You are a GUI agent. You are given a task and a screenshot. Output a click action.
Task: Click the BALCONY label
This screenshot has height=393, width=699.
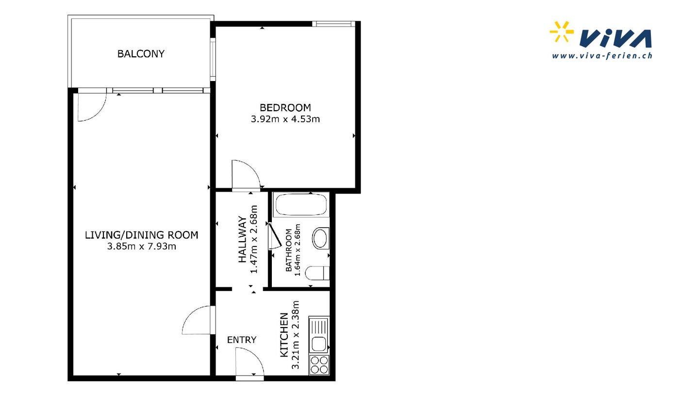click(x=141, y=54)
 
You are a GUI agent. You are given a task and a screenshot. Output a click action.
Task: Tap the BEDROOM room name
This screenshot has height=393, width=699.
click(x=285, y=108)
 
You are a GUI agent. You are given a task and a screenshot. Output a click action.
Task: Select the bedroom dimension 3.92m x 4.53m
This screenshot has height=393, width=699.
click(x=285, y=119)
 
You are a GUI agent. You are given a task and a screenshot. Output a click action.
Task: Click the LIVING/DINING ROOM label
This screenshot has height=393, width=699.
click(x=142, y=235)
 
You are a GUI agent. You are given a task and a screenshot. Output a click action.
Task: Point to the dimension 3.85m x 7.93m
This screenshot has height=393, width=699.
click(x=142, y=246)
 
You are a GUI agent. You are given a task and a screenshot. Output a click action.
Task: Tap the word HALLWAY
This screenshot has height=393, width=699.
click(x=243, y=239)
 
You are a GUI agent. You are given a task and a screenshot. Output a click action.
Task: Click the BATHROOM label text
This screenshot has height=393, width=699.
click(x=289, y=250)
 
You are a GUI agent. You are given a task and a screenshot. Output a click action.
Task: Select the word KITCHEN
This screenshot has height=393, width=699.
click(x=284, y=335)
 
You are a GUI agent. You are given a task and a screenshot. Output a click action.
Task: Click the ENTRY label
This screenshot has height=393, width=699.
click(x=242, y=340)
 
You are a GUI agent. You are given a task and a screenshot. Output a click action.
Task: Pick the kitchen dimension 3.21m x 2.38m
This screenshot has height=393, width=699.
click(x=295, y=335)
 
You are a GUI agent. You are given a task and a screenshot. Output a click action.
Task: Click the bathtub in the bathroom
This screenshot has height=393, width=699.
click(x=301, y=205)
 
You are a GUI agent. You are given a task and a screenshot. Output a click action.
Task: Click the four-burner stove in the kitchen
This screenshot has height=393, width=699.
click(x=319, y=365)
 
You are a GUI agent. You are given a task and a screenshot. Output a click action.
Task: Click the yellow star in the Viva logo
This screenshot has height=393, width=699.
click(x=562, y=32)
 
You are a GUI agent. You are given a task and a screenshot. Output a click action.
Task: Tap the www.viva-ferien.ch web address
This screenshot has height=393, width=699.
click(x=602, y=56)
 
